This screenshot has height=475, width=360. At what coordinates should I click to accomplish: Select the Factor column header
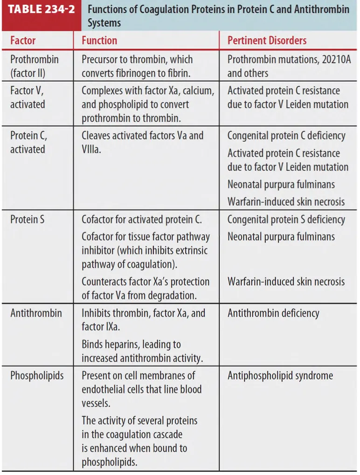(23, 41)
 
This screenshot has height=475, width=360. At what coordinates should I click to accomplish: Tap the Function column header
(99, 41)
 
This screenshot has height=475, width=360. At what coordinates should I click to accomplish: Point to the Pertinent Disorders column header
(267, 41)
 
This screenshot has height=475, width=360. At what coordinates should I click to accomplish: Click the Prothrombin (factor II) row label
(34, 66)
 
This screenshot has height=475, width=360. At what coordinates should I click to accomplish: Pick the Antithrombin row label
(36, 313)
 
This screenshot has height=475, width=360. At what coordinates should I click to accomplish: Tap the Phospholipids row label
(37, 375)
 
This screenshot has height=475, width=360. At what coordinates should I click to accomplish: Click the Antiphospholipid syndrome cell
(280, 375)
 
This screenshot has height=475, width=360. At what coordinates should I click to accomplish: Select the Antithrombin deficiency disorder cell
(273, 313)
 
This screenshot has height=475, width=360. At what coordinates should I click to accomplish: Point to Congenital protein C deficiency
(286, 136)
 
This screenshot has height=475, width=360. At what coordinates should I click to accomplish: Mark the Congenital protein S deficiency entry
(286, 219)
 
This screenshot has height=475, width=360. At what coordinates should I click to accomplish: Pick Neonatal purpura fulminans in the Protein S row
(281, 236)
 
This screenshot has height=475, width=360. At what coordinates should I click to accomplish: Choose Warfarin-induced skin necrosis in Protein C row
(286, 201)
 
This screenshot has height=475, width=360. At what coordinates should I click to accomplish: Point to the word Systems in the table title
(104, 22)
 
